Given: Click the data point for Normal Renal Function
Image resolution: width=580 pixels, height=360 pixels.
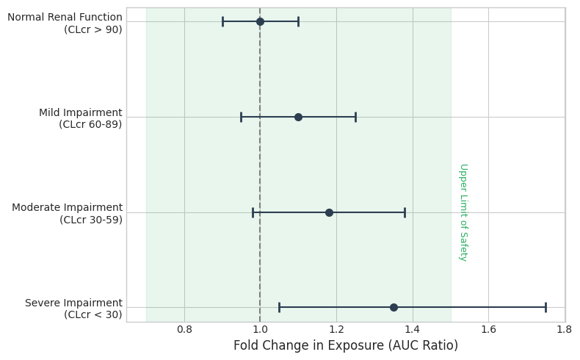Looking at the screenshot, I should [x=260, y=21].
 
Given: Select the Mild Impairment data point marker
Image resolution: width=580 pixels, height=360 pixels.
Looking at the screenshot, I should [x=298, y=117].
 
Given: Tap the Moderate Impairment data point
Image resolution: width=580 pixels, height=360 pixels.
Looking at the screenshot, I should [x=329, y=212].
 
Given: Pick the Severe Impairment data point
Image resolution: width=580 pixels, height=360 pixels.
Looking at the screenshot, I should [x=394, y=307].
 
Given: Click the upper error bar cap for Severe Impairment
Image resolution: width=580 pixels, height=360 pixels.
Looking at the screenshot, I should [x=545, y=307].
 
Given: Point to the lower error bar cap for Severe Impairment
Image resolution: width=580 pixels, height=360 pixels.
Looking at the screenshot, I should [x=279, y=307].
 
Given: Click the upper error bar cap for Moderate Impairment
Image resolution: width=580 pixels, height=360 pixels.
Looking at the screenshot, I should [x=405, y=212].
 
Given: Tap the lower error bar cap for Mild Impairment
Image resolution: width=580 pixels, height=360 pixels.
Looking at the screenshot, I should [x=241, y=117].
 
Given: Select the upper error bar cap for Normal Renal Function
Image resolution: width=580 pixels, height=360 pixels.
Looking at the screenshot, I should [x=298, y=21].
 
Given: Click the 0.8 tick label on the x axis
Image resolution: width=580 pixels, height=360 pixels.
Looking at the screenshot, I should [x=184, y=330].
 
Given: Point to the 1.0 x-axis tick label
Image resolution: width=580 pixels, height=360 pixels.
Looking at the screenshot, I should [x=260, y=330].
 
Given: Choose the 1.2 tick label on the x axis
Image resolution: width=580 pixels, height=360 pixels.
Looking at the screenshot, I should [x=336, y=330].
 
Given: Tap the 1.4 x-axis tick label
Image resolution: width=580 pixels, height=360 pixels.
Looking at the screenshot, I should [x=413, y=330].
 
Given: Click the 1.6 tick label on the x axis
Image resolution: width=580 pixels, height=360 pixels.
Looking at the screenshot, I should [x=488, y=330].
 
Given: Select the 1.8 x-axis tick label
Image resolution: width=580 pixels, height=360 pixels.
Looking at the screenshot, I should [x=564, y=330].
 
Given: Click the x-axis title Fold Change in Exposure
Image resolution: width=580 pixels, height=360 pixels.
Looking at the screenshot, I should [x=345, y=345].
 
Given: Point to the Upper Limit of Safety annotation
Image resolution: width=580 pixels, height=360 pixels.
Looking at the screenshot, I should [x=463, y=212].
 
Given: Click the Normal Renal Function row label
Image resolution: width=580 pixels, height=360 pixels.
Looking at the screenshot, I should [x=66, y=23].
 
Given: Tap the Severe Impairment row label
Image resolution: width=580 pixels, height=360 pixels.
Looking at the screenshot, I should [x=74, y=309].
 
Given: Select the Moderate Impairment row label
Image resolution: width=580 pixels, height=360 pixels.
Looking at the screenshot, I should [x=68, y=213].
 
